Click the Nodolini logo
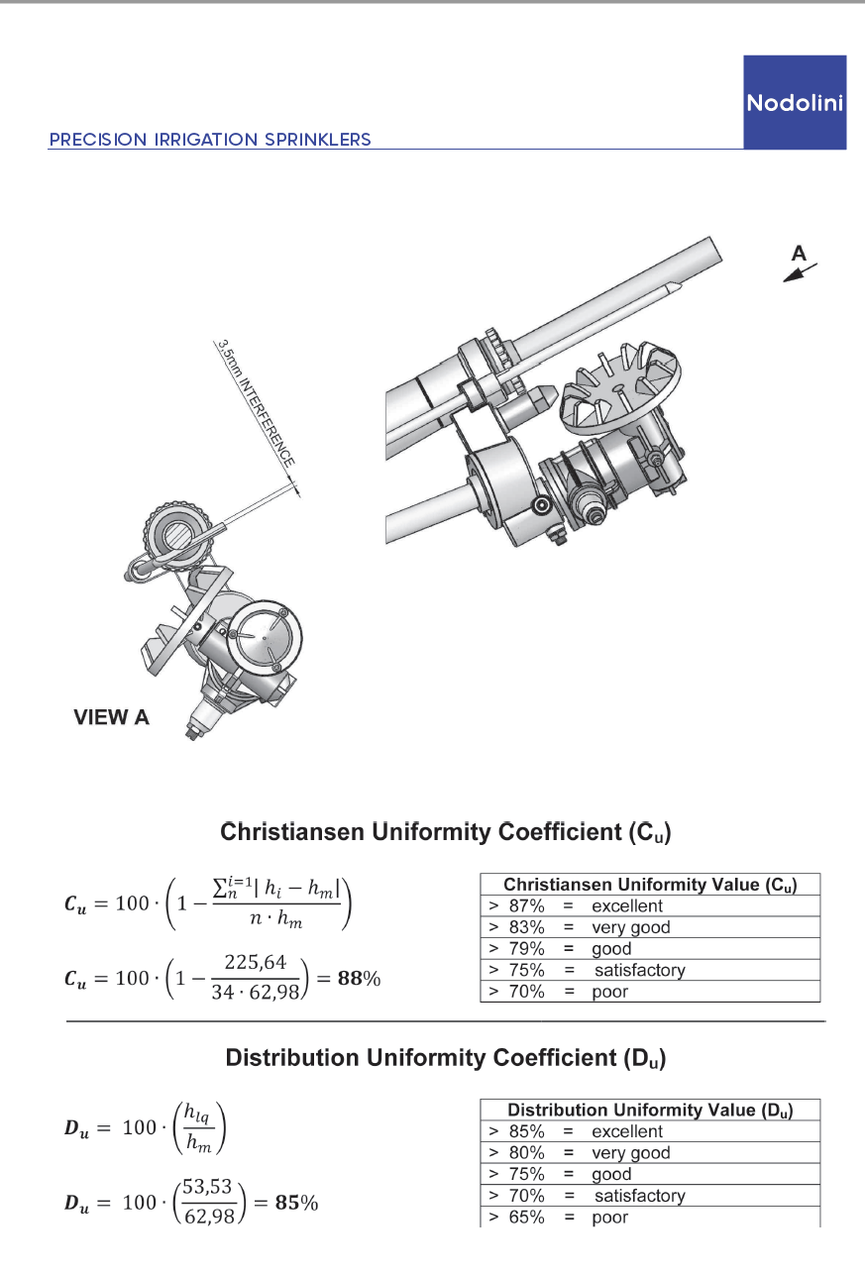coord(795,102)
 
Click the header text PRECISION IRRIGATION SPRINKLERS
coord(210,140)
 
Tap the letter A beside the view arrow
coord(799,254)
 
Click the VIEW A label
coord(111,717)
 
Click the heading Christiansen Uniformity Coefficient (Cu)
coord(445,832)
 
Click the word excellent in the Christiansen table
coord(627,905)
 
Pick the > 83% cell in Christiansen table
coord(515,927)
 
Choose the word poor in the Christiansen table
coord(610,992)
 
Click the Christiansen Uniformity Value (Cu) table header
coord(650,884)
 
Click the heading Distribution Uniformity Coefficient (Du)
coord(445,1058)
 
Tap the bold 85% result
coord(296,1204)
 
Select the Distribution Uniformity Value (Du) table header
coord(650,1110)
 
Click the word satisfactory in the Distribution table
coord(639,1196)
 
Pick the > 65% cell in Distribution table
coord(515,1218)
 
